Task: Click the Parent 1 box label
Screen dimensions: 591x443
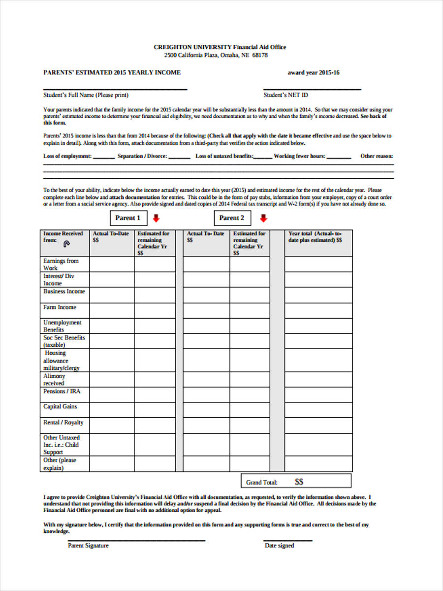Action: (127, 218)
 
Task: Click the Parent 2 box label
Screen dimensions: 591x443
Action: (232, 218)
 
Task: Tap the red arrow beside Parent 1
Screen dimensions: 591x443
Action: (156, 218)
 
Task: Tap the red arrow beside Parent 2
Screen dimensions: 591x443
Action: (263, 218)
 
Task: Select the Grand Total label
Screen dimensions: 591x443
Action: (262, 482)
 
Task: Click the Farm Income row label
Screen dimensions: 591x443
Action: (60, 307)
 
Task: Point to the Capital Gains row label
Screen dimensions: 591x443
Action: (60, 407)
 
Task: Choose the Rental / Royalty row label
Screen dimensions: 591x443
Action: (63, 423)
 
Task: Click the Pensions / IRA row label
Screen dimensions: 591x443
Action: (62, 392)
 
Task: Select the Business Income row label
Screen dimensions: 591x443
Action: (64, 292)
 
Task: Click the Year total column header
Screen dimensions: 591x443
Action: (315, 237)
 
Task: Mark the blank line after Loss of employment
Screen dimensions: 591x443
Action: (103, 158)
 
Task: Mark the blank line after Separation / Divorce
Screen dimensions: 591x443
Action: (179, 158)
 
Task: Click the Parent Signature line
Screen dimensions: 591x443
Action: (136, 541)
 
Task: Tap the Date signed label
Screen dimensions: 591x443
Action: (279, 546)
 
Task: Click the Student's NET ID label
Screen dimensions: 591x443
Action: (285, 95)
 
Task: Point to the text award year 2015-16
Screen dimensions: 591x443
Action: (314, 73)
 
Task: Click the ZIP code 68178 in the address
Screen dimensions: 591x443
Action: (260, 55)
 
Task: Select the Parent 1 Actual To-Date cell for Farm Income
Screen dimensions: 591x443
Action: (112, 310)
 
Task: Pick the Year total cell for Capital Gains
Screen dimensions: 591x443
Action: (318, 410)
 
